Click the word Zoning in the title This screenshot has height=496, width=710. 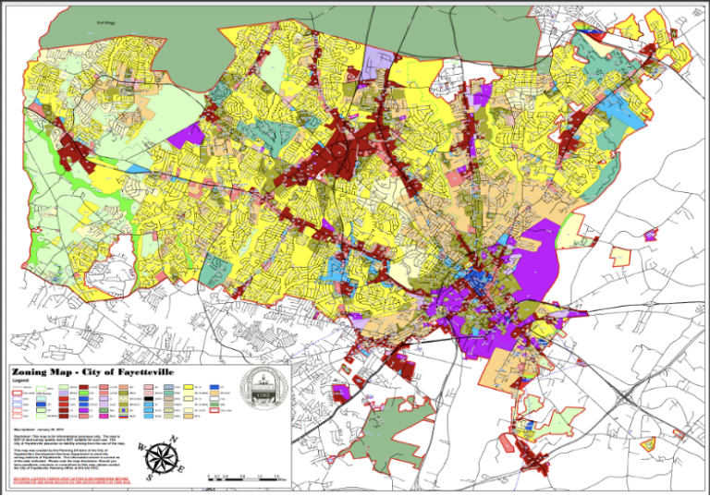[x=38, y=370]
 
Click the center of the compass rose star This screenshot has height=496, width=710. [x=163, y=455]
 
